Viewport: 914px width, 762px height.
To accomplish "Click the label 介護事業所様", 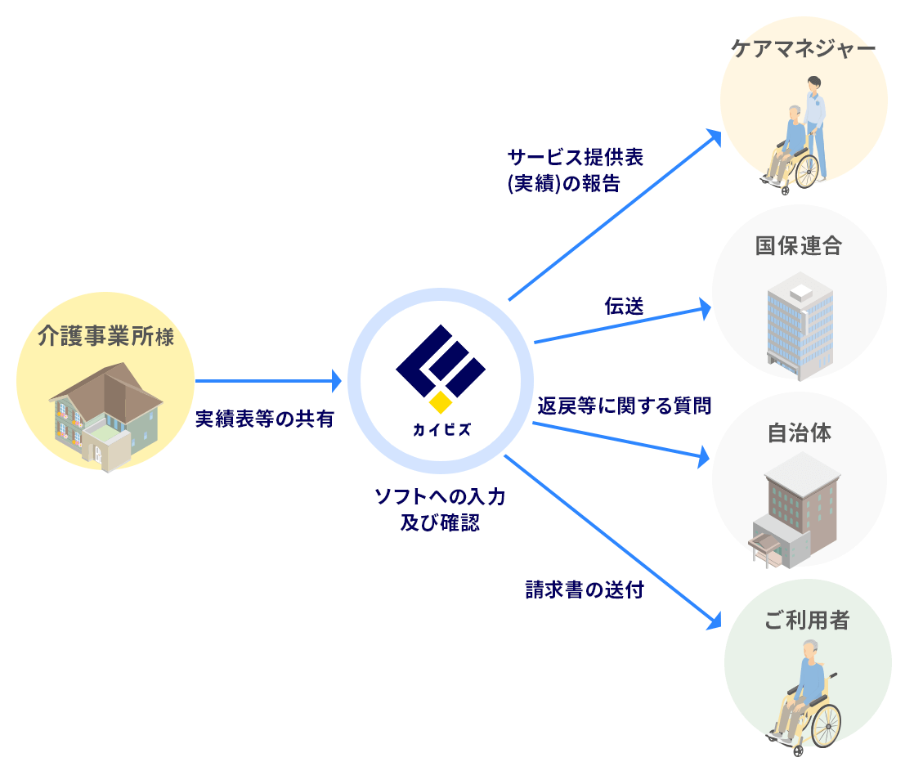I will (x=105, y=337).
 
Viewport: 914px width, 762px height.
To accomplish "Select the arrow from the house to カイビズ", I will (x=267, y=380).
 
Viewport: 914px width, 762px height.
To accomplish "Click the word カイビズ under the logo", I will (x=441, y=429).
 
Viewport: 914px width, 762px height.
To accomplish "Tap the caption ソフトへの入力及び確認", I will (x=440, y=509).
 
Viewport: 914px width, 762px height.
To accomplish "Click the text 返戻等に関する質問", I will (x=624, y=406).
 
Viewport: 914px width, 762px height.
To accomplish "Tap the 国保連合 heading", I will (x=798, y=246).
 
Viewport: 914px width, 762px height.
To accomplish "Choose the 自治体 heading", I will (x=799, y=433).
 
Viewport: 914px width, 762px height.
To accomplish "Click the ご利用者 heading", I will (x=807, y=621).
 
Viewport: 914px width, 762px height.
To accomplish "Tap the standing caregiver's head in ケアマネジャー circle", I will (x=814, y=84).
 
